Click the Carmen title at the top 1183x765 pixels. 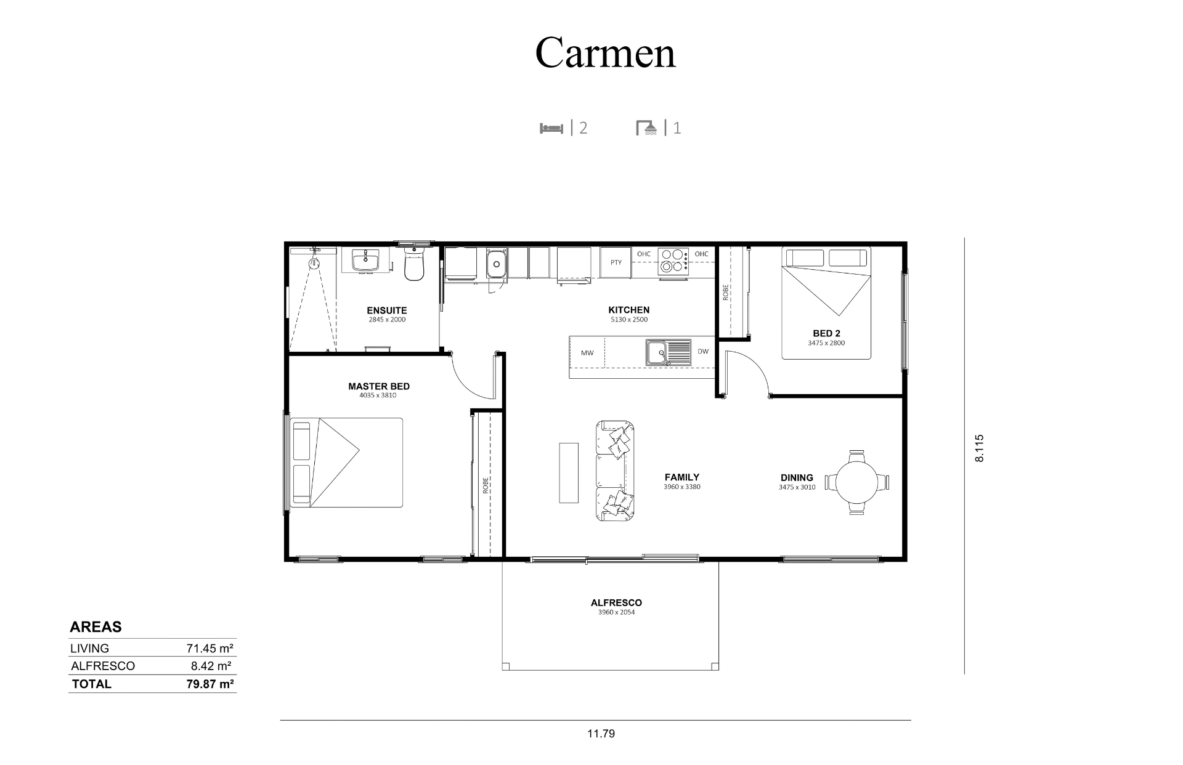605,52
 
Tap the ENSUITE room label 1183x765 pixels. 387,310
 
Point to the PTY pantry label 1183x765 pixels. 616,262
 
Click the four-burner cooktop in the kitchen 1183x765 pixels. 673,261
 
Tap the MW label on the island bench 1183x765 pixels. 587,353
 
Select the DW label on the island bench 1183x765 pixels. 703,352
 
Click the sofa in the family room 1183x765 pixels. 615,471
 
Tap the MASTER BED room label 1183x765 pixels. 379,386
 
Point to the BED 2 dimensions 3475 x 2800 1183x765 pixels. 826,343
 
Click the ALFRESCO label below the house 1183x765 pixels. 616,603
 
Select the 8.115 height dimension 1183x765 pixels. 980,448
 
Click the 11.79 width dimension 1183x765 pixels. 601,734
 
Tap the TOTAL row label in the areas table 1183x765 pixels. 92,684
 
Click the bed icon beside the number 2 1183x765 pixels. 551,128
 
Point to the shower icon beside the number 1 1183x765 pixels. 646,127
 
